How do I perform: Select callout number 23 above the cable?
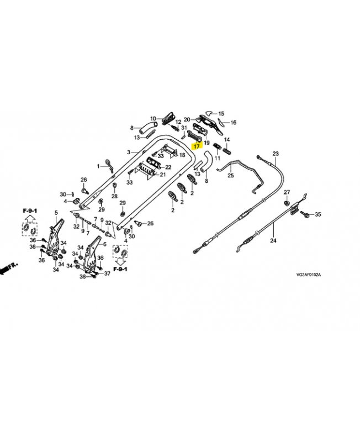(276, 154)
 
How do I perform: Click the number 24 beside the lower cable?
(273, 240)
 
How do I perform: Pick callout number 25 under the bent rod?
(231, 176)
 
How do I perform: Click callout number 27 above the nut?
(287, 192)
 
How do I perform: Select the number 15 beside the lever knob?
(229, 112)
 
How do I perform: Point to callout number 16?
(233, 123)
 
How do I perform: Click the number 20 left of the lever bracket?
(187, 119)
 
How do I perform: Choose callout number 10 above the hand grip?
(152, 118)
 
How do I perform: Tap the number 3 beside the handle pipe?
(128, 152)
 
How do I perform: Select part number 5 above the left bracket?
(56, 213)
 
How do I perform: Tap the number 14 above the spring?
(226, 140)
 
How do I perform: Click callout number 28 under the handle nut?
(114, 196)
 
